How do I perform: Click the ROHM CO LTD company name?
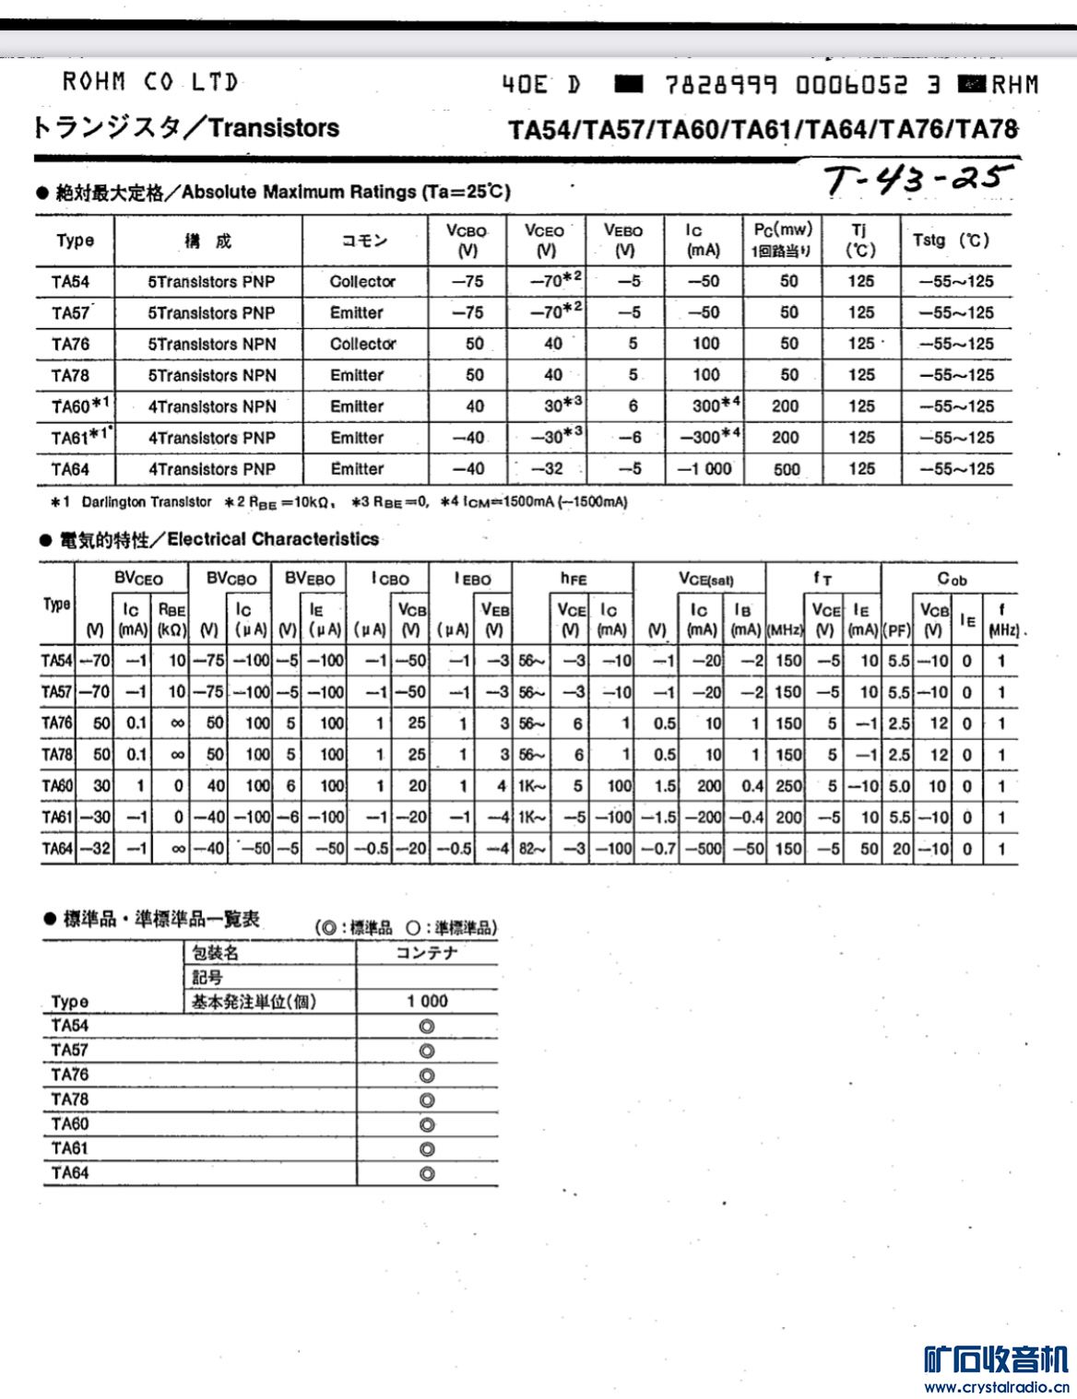(149, 83)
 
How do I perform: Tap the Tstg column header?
(951, 241)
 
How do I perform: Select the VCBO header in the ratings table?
(467, 240)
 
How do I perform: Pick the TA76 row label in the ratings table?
(70, 344)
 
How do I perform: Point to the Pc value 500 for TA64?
(787, 468)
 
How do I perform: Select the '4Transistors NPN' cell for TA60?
(212, 406)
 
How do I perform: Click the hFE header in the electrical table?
(573, 579)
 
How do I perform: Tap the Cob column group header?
(952, 579)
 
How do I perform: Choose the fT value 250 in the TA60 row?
(788, 786)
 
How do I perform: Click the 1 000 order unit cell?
(427, 1001)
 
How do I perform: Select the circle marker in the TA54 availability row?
(427, 1026)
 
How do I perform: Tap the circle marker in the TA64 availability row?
(427, 1173)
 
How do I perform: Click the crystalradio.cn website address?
(996, 1387)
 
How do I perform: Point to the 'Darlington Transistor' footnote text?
(147, 502)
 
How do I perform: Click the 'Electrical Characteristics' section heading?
(273, 539)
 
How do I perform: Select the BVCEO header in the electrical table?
(138, 579)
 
